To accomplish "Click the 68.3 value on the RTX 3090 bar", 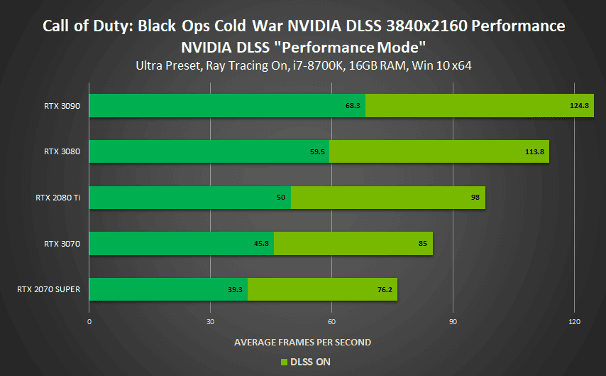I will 354,106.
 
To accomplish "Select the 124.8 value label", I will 579,106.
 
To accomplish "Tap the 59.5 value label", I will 317,151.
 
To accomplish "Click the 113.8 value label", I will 534,151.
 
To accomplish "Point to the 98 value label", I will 475,198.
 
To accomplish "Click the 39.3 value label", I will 236,289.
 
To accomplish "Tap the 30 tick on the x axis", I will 210,321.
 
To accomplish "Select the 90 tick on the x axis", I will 453,321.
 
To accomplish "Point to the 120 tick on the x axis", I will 574,321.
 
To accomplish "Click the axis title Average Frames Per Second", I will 302,343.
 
